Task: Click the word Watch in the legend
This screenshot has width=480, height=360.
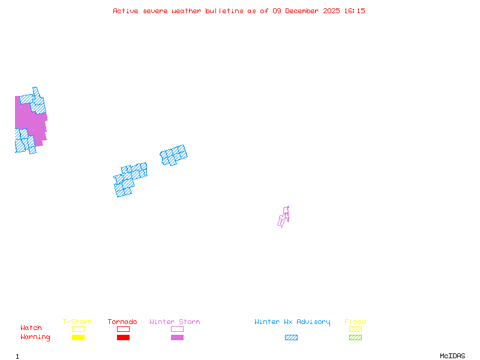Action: (x=31, y=328)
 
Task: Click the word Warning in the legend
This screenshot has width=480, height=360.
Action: (x=35, y=337)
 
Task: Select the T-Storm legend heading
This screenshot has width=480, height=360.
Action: (x=77, y=322)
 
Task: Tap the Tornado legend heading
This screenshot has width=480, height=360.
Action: (x=122, y=322)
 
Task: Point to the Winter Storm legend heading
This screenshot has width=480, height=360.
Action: (x=175, y=322)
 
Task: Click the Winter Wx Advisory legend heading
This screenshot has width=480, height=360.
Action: (x=292, y=322)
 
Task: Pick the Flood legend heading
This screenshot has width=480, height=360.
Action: (x=355, y=322)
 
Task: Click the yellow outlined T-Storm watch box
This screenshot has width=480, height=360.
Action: (x=78, y=329)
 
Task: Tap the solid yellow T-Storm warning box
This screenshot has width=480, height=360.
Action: (x=78, y=337)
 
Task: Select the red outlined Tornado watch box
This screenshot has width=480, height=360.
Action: (x=123, y=329)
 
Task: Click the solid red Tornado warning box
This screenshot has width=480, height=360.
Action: (x=123, y=337)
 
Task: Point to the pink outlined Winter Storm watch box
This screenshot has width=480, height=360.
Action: (x=177, y=329)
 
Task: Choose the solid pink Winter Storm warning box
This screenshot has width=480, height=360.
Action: (x=177, y=337)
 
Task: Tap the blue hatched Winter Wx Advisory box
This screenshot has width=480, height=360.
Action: (x=291, y=337)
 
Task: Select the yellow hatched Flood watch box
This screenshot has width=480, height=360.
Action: (x=355, y=329)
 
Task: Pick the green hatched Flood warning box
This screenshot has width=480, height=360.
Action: (x=355, y=337)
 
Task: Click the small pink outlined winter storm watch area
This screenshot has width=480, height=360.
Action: (x=284, y=217)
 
